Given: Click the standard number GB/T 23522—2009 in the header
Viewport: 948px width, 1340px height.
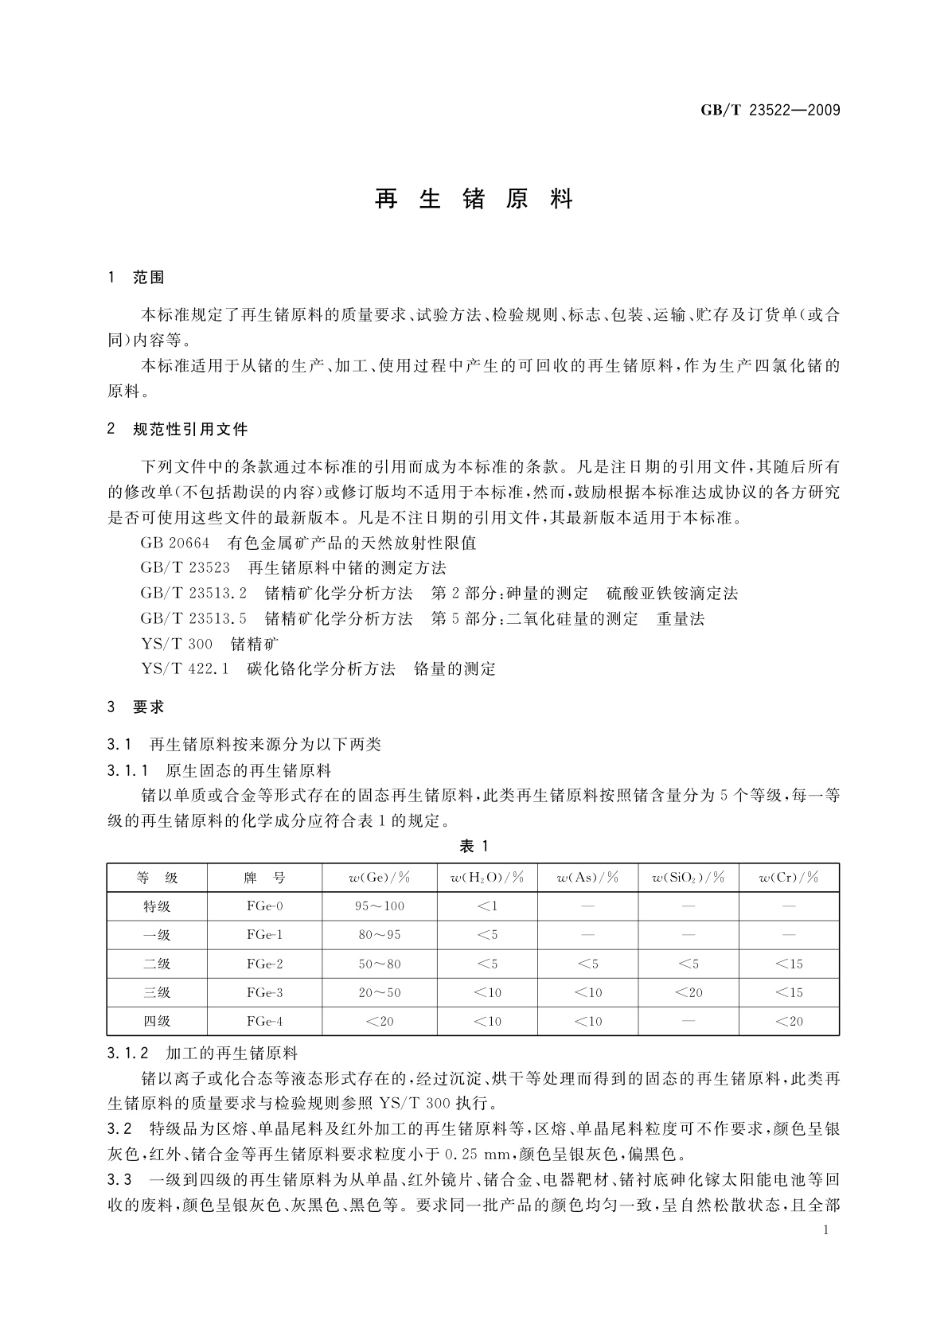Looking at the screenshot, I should (x=770, y=111).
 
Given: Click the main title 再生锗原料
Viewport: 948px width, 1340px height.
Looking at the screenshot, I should (x=474, y=199).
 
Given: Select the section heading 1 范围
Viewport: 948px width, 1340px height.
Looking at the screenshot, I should (x=136, y=278).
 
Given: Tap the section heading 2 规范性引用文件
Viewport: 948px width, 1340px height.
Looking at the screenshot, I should (x=178, y=430).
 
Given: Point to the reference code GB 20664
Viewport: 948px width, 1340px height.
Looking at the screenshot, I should (x=175, y=543).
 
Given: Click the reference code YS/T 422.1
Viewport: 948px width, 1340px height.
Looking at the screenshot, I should (x=185, y=669).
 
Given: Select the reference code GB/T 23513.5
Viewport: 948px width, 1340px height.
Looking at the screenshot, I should (x=194, y=619).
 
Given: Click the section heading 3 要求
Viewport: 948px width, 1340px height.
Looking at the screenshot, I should (x=136, y=707).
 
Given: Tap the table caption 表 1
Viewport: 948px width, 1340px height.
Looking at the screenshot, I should (x=474, y=846).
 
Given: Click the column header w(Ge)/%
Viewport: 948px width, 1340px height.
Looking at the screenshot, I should (x=379, y=878).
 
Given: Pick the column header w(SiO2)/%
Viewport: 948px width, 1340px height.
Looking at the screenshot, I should (x=688, y=878).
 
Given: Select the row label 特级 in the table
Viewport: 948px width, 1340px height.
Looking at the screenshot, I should (x=157, y=906).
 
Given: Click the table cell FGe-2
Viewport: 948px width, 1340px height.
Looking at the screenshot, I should (x=265, y=964).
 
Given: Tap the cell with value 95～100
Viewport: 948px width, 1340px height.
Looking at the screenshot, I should (x=379, y=906).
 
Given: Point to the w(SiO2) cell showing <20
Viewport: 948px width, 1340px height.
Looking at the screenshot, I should (x=688, y=992).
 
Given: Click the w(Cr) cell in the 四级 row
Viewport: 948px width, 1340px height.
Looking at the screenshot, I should (x=789, y=1021).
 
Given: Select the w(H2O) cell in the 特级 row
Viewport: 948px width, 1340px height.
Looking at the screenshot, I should (x=486, y=906).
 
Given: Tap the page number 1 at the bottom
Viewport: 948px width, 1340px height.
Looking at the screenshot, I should (x=826, y=1230).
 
